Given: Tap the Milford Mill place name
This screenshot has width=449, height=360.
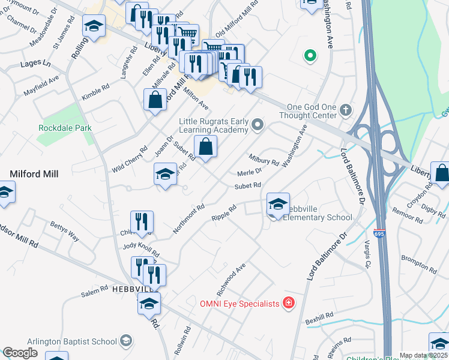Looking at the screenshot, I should (34, 174).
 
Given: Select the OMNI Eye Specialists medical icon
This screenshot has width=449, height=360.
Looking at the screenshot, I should (289, 303).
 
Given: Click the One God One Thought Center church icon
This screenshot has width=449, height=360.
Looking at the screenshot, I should (345, 110).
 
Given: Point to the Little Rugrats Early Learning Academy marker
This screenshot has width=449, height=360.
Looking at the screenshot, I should (258, 125).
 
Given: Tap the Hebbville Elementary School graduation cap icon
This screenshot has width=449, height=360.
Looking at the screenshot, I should (278, 205).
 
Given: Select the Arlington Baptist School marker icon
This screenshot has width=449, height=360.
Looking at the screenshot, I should (125, 341).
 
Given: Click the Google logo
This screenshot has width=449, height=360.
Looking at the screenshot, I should (20, 353).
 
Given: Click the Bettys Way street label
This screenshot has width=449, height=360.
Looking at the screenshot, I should (64, 231).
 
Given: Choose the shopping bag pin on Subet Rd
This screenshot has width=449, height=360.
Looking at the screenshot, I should (205, 147).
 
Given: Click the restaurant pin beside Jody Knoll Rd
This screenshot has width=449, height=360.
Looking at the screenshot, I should (142, 221).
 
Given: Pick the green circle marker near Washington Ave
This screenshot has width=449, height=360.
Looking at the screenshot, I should (310, 57).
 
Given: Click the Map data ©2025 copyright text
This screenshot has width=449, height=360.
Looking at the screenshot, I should (423, 355).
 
